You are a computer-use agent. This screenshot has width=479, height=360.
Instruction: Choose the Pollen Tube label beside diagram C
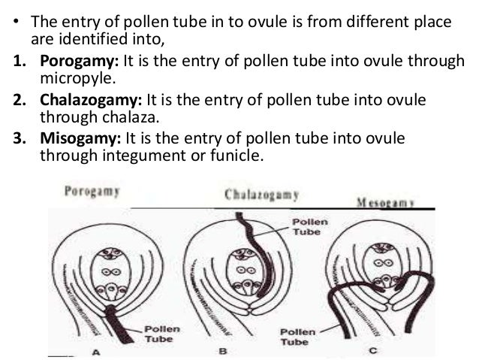pyautogui.click(x=298, y=337)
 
